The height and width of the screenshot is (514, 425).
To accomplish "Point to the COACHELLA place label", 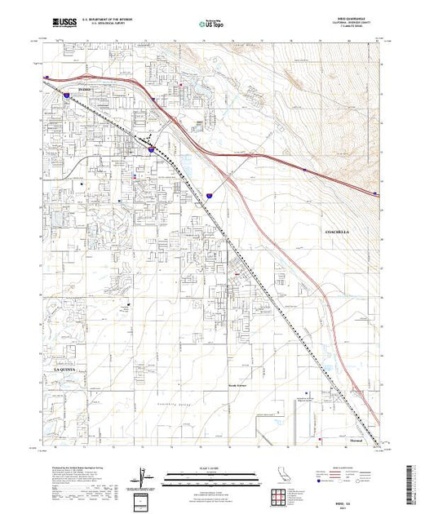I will click(x=336, y=232).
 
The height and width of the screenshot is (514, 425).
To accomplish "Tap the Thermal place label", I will click(x=353, y=443).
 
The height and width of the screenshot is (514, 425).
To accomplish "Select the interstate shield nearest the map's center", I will click(x=209, y=197).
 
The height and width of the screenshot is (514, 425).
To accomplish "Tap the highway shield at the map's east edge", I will click(x=374, y=194).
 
